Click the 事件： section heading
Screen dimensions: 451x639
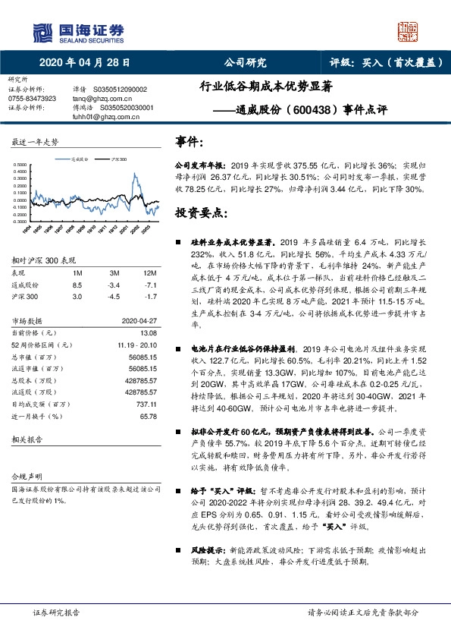click(189, 142)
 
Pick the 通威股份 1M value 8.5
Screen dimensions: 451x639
click(77, 285)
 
